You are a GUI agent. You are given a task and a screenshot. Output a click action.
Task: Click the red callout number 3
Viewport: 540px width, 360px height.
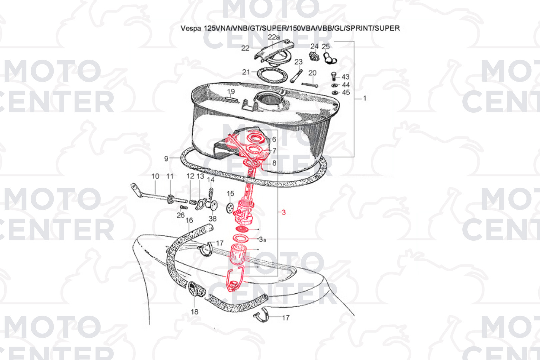click(x=283, y=212)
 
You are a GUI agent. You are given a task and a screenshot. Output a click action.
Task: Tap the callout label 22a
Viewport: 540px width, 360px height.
click(x=274, y=37)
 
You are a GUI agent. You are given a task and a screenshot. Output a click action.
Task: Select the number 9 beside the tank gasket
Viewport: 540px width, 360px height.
click(x=166, y=159)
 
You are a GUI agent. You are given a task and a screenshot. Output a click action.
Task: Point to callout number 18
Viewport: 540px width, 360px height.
click(x=195, y=312)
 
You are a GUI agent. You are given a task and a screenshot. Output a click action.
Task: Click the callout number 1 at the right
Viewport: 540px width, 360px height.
click(x=365, y=98)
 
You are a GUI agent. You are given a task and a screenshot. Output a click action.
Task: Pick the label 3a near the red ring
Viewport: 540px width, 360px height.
click(x=263, y=240)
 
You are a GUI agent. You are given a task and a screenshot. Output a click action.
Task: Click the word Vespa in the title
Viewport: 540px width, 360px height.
click(x=191, y=28)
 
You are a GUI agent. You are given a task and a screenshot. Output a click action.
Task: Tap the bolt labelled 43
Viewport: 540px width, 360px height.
click(x=334, y=76)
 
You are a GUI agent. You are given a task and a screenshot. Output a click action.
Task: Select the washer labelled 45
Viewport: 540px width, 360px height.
click(x=335, y=93)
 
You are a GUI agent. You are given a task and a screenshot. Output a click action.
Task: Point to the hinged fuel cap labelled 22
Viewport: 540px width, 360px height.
click(x=274, y=51)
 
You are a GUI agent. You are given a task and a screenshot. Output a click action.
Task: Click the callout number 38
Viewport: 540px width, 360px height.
click(x=212, y=219)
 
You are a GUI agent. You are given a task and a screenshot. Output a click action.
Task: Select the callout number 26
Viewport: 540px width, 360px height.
click(x=181, y=215)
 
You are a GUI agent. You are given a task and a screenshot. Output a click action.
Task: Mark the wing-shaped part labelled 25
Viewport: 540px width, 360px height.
click(x=330, y=58)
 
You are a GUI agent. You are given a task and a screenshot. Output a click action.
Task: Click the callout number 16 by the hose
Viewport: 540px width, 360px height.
click(x=189, y=220)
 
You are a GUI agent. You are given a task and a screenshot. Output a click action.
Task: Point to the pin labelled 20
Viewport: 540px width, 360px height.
click(x=310, y=85)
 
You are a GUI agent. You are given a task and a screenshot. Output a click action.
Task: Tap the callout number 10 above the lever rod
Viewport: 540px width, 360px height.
click(x=155, y=176)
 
